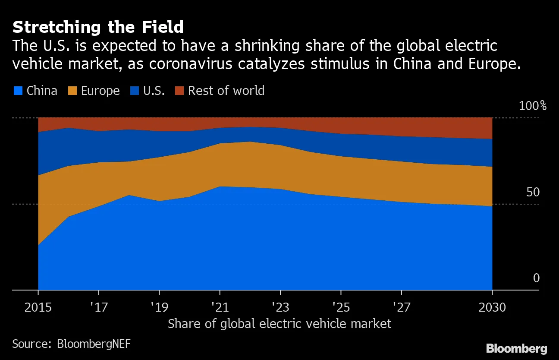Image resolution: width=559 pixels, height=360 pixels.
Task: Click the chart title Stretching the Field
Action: [x=98, y=28]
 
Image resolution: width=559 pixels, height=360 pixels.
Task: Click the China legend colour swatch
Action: [x=18, y=91]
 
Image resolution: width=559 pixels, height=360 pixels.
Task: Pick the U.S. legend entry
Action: [x=149, y=91]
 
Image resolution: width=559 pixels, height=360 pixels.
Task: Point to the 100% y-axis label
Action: [x=532, y=106]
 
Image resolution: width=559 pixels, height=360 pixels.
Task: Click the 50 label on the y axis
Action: [x=533, y=192]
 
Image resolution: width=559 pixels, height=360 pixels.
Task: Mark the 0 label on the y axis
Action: [x=536, y=278]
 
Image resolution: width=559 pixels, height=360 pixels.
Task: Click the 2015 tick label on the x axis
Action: [x=38, y=307]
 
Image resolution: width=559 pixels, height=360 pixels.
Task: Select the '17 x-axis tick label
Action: [x=99, y=307]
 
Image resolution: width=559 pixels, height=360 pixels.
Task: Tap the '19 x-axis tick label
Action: [x=160, y=307]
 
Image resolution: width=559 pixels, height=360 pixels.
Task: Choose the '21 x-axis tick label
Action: [x=220, y=307]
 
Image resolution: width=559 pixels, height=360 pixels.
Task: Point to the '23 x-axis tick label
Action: [x=280, y=307]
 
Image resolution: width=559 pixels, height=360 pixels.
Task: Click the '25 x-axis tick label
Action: [x=341, y=307]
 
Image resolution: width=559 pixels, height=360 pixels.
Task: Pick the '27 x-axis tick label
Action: [x=402, y=307]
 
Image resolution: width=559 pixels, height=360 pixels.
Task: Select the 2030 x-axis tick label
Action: [x=492, y=307]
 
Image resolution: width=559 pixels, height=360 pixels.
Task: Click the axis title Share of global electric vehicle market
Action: [x=279, y=324]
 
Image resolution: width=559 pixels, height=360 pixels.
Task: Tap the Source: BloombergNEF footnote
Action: [x=71, y=344]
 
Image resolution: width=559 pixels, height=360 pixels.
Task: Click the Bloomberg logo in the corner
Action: [x=516, y=348]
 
